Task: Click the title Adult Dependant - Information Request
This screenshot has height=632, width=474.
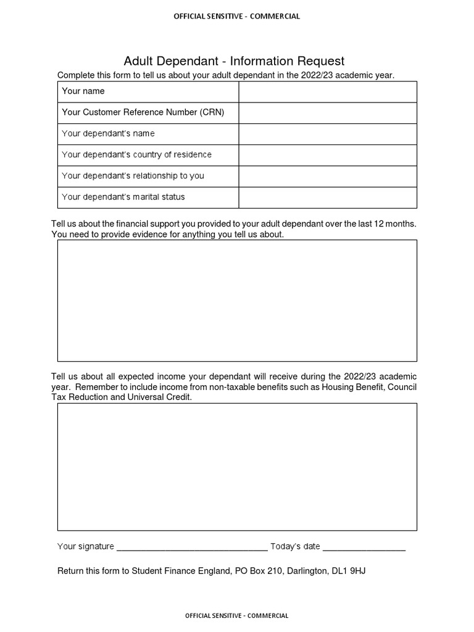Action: coord(234,60)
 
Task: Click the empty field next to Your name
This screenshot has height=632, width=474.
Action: coord(328,91)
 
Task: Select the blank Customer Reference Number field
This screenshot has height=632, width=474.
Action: coord(328,112)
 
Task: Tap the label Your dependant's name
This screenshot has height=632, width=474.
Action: coord(108,133)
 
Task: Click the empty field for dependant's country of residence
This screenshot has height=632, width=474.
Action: coord(328,155)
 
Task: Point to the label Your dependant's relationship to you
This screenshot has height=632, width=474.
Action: coord(133,176)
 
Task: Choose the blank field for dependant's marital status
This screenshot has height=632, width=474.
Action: coord(328,197)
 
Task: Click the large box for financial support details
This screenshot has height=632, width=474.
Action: coord(237,301)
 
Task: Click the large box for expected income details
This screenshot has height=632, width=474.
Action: coord(237,467)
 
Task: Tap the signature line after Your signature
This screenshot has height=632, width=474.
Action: coord(192,547)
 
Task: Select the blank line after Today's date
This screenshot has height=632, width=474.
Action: coord(364,547)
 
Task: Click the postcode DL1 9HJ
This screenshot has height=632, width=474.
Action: coord(349,571)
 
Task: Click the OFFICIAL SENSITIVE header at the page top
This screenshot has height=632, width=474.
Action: coord(237,17)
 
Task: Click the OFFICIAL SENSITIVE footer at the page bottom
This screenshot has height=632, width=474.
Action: coord(237,615)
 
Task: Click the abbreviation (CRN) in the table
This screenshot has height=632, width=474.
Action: coord(212,112)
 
